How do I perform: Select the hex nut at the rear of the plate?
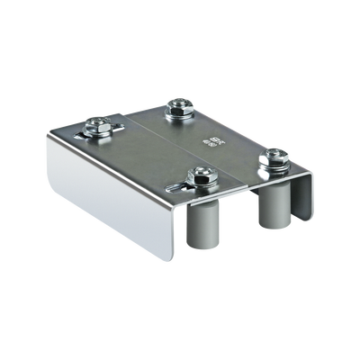178,107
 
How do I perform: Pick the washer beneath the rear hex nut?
178,115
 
